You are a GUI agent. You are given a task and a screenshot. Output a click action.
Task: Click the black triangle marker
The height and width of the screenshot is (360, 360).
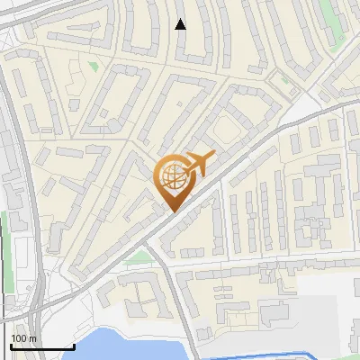pyautogui.click(x=181, y=24)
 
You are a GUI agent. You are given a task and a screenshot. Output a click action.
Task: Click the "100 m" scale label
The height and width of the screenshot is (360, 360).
pyautogui.click(x=24, y=338)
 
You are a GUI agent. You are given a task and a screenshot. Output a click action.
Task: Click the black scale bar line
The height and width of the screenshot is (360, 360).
pyautogui.click(x=42, y=346)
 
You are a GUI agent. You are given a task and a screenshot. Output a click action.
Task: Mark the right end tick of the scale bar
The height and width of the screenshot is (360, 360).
pyautogui.click(x=74, y=344)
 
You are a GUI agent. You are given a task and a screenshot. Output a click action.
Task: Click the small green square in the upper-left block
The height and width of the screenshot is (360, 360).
pyautogui.click(x=94, y=66)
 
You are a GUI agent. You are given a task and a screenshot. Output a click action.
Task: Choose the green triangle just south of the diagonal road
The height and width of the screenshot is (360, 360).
pyautogui.click(x=138, y=257)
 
